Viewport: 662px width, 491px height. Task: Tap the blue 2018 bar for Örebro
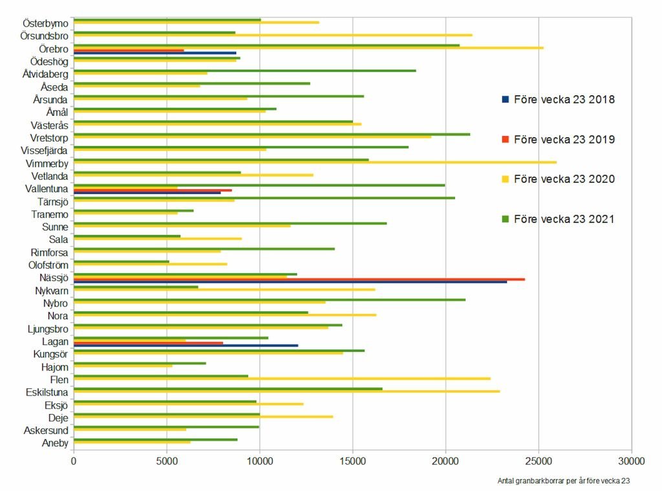pyautogui.click(x=155, y=53)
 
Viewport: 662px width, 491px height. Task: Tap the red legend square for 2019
pyautogui.click(x=506, y=140)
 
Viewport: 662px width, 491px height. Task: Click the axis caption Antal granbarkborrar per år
pyautogui.click(x=563, y=481)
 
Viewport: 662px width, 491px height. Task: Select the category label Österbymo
pyautogui.click(x=45, y=23)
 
